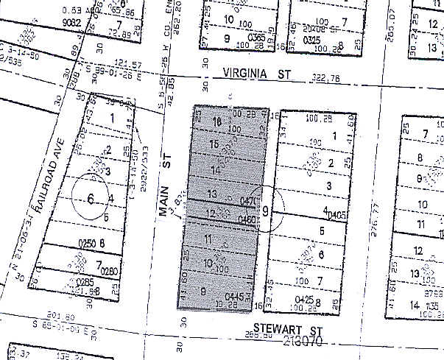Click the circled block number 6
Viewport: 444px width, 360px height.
[x=91, y=198]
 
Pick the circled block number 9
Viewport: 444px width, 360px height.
[x=265, y=210]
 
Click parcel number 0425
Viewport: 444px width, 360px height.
[x=303, y=300]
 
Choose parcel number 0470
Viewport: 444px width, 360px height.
[x=247, y=201]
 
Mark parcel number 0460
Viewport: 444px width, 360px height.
[x=247, y=219]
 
